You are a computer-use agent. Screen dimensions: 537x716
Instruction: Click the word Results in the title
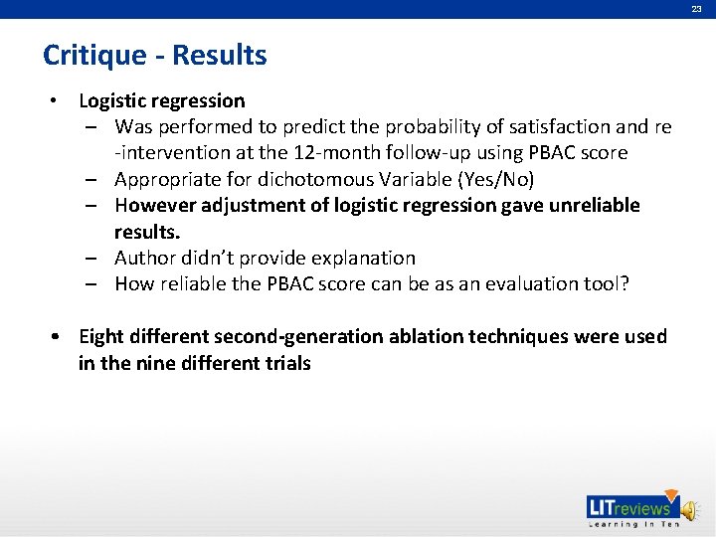tap(220, 56)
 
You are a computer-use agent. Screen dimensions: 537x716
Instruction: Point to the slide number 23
tap(697, 9)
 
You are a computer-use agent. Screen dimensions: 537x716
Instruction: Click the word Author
tap(144, 258)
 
